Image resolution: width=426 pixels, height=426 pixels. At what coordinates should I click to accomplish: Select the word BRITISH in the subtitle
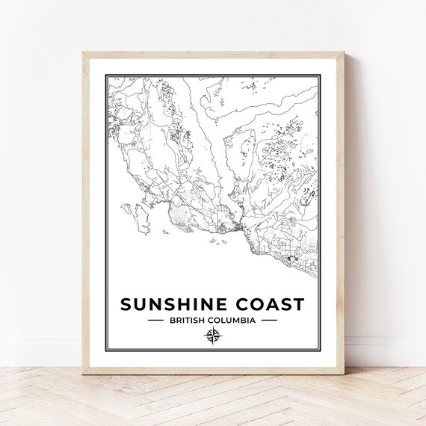188,320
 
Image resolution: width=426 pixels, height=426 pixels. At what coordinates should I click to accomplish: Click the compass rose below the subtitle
212,336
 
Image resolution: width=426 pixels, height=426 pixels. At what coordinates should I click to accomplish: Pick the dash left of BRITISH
156,320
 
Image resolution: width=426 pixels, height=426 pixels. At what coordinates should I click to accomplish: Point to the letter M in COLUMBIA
238,320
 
